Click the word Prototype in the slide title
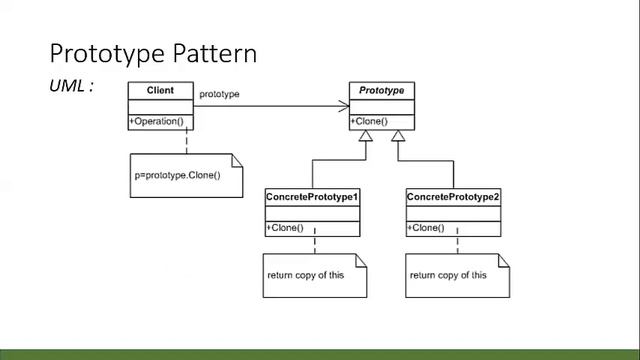pos(106,52)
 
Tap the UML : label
pos(71,86)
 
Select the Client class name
pos(161,91)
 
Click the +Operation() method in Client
pos(157,122)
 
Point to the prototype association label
pos(219,95)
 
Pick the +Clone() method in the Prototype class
pos(369,122)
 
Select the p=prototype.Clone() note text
pos(177,175)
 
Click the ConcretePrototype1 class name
pos(312,197)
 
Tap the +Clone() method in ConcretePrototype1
pos(285,228)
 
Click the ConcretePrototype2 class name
pos(453,197)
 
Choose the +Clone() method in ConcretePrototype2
pos(426,228)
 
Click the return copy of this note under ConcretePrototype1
pos(305,275)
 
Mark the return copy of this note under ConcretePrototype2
pos(448,275)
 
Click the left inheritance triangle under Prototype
pos(371,136)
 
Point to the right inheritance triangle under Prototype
pos(398,136)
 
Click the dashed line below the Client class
pos(158,141)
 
